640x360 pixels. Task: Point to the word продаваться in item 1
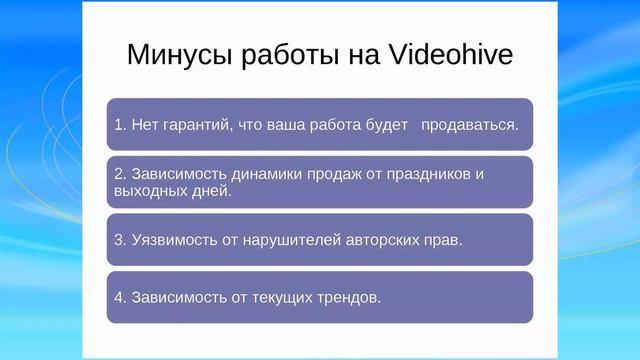click(468, 125)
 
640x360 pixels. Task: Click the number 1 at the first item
click(119, 125)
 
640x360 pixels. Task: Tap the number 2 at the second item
click(119, 174)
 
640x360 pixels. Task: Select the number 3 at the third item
click(119, 240)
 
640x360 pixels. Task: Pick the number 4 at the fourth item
click(119, 297)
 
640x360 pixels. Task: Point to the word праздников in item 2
click(423, 174)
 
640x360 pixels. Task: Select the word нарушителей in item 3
click(288, 240)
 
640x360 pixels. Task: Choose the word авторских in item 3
click(378, 240)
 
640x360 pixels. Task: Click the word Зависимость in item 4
click(175, 297)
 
